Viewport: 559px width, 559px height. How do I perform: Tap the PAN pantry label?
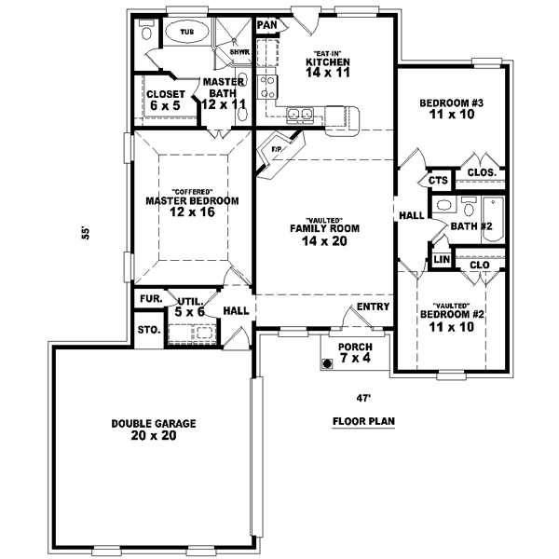267,24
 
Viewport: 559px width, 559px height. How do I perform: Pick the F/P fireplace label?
277,149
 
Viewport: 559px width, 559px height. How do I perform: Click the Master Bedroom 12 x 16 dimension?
192,212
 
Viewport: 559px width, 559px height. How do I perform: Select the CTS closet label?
438,180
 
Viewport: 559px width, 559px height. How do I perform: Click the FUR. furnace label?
149,298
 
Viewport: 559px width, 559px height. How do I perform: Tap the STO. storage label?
148,330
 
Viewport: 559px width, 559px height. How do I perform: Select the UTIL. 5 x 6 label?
191,307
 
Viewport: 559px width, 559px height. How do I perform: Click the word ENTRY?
372,307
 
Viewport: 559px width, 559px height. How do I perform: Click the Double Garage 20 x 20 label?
153,429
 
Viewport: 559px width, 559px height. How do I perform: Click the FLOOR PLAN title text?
364,421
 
